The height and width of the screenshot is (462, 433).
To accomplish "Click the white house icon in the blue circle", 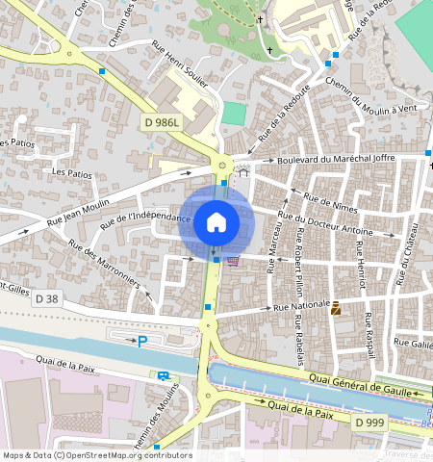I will (216, 223).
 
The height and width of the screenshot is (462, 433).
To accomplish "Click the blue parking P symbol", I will (143, 342).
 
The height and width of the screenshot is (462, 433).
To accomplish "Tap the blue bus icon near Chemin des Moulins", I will (164, 376).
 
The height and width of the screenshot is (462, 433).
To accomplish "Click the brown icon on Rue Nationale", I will (336, 309).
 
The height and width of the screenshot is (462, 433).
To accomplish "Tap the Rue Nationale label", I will (302, 307).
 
